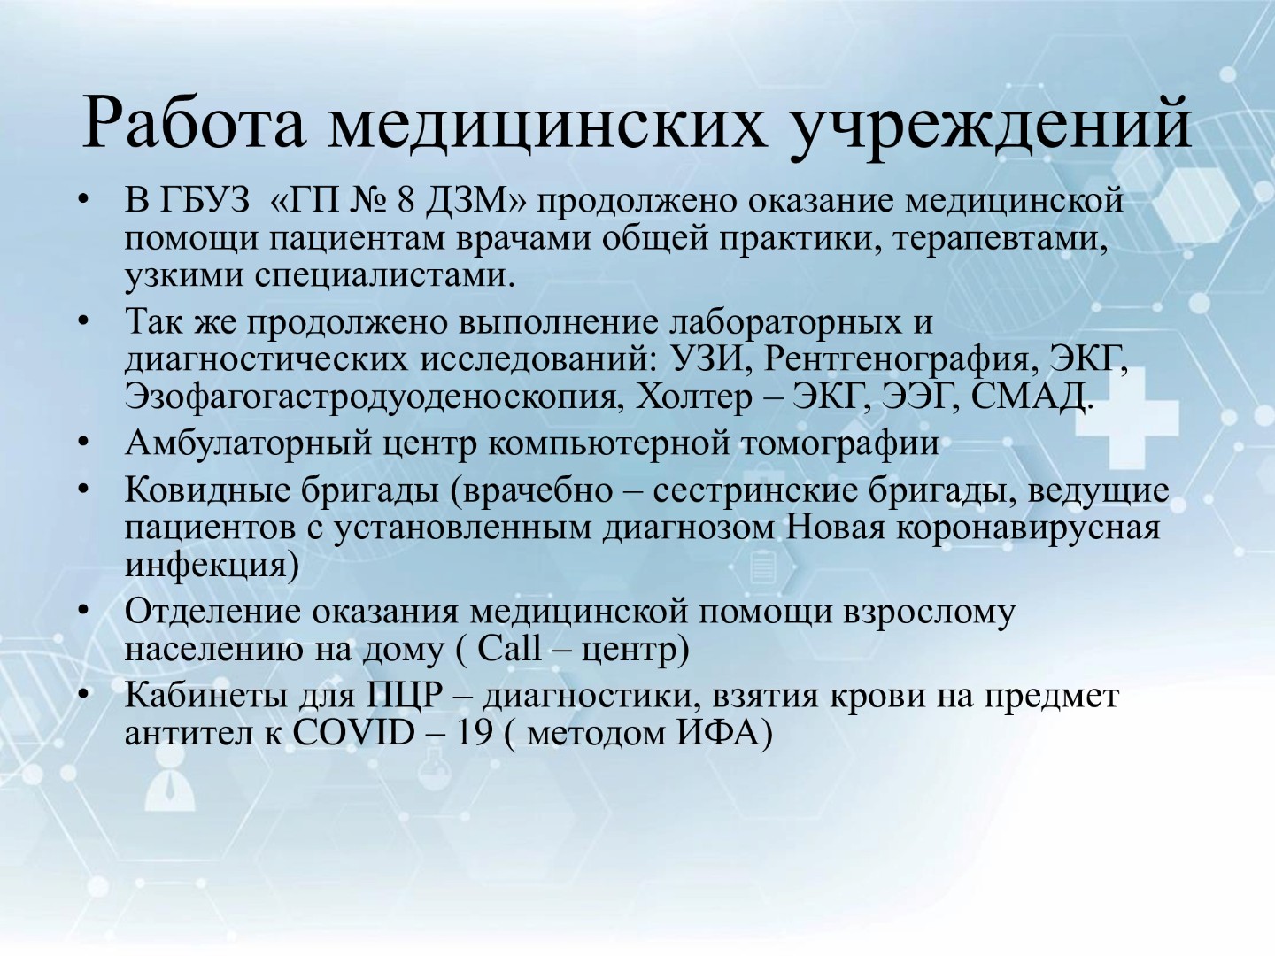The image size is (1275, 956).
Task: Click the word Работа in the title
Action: coord(193,123)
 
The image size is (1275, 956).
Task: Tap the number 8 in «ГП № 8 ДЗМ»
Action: coord(406,201)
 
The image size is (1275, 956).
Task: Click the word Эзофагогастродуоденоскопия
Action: coord(371,398)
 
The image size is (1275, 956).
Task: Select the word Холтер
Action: coord(693,397)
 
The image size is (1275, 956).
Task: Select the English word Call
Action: coord(509,649)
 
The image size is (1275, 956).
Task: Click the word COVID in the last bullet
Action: coord(354,734)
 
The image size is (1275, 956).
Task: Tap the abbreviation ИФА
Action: coord(719,734)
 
